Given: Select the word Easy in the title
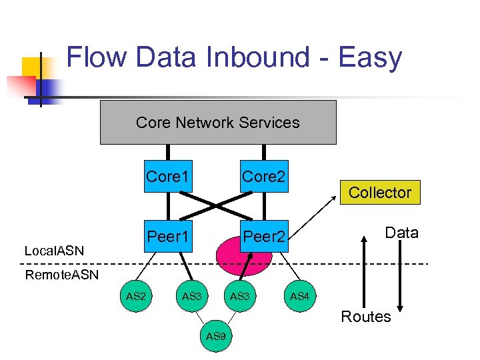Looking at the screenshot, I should (x=371, y=58).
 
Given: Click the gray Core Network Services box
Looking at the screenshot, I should (x=218, y=123).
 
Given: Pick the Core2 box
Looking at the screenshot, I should (x=264, y=177).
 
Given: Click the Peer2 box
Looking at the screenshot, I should (x=264, y=236).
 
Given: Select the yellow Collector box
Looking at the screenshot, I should (x=380, y=192).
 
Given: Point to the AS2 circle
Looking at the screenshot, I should (x=135, y=295).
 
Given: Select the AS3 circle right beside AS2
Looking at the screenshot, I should (x=191, y=295).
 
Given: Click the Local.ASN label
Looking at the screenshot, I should (x=54, y=251).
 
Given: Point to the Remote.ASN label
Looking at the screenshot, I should (x=61, y=275).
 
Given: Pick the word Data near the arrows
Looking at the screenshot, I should (x=402, y=233).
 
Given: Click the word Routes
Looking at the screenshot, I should (x=366, y=317).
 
